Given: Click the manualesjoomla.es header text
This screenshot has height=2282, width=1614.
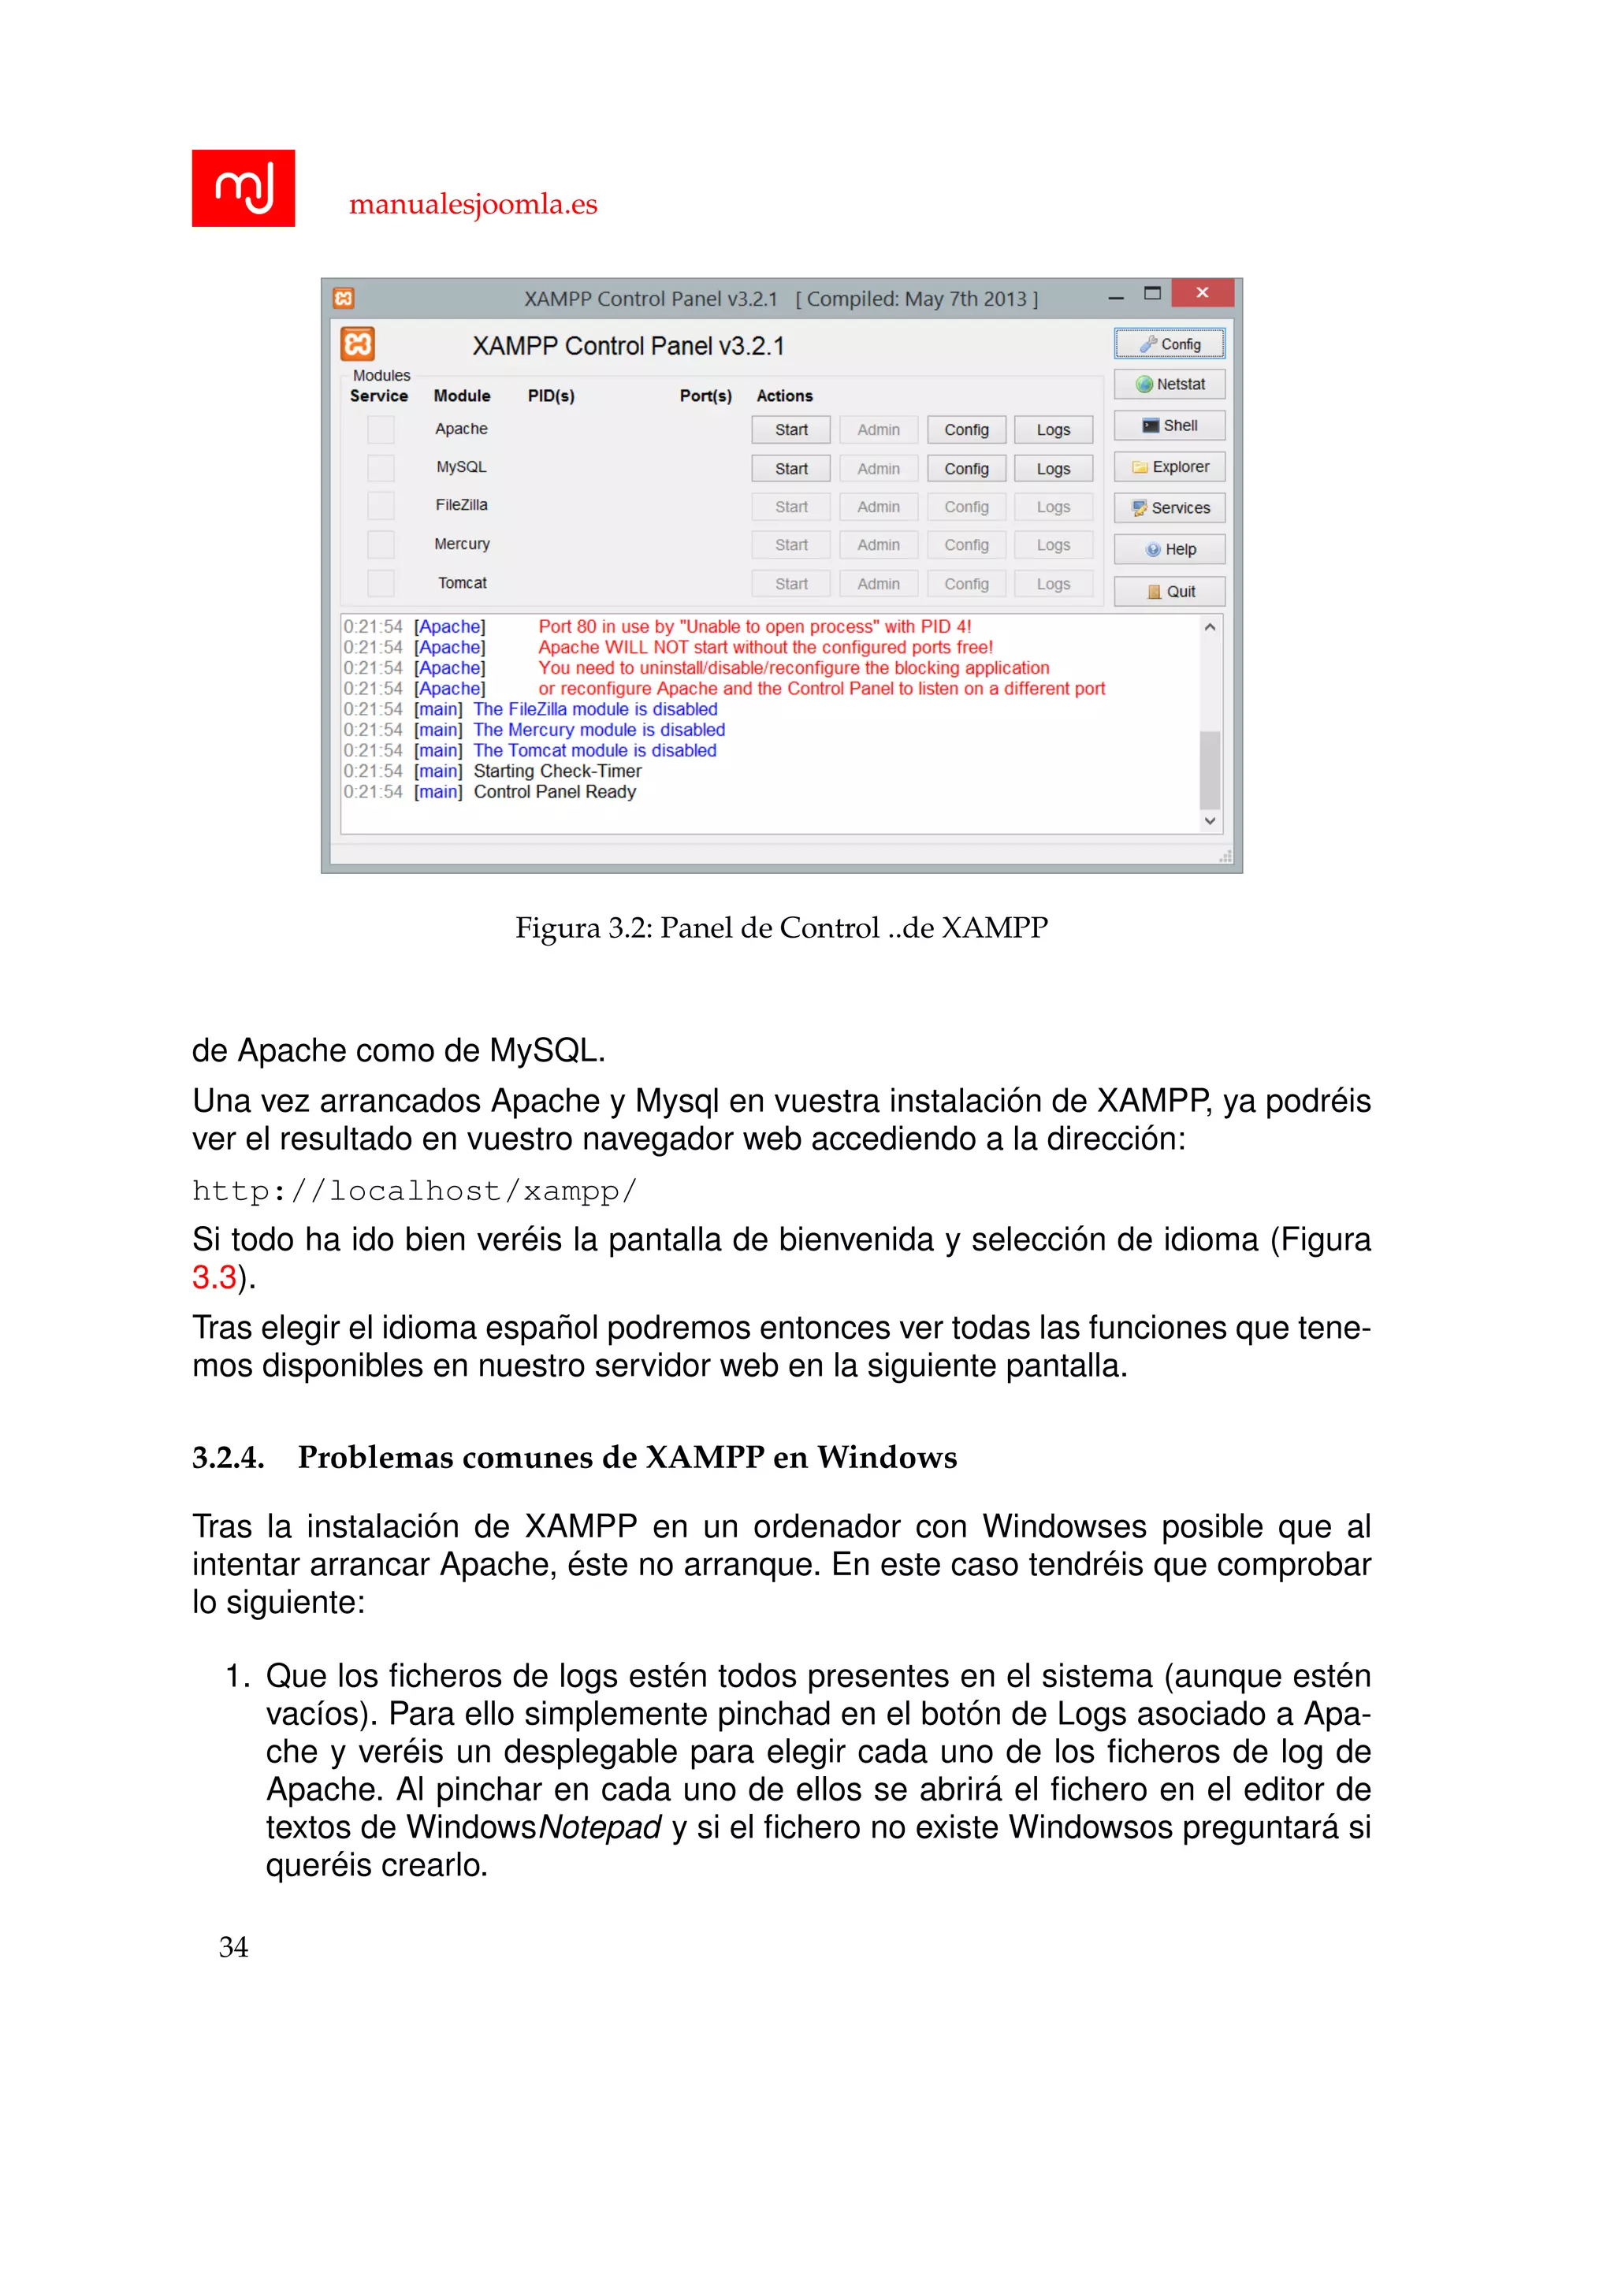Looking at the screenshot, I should pyautogui.click(x=473, y=204).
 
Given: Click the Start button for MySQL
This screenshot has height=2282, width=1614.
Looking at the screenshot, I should pyautogui.click(x=791, y=468).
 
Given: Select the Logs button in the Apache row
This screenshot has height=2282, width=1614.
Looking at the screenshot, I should pyautogui.click(x=1054, y=429).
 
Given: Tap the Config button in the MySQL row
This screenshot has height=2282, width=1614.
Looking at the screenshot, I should pyautogui.click(x=966, y=468).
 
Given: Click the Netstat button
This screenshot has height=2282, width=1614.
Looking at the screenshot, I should pyautogui.click(x=1170, y=385).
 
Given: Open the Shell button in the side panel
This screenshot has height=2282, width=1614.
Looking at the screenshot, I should pyautogui.click(x=1170, y=426).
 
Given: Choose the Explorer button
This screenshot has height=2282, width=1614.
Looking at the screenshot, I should pyautogui.click(x=1170, y=467).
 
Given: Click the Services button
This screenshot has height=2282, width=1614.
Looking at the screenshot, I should pyautogui.click(x=1170, y=508).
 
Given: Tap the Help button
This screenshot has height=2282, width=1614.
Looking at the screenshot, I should pyautogui.click(x=1170, y=550).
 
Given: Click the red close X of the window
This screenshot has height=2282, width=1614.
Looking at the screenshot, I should pyautogui.click(x=1203, y=292).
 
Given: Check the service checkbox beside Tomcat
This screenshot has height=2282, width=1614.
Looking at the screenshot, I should pyautogui.click(x=381, y=583).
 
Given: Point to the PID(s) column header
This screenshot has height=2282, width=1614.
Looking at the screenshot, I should pyautogui.click(x=551, y=396).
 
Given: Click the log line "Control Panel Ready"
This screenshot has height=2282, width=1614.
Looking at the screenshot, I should pyautogui.click(x=555, y=792).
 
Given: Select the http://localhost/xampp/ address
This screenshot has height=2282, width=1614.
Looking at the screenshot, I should pyautogui.click(x=415, y=1191).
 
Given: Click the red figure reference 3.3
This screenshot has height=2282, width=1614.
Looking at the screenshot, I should pyautogui.click(x=214, y=1277).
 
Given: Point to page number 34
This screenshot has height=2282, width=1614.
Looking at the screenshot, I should pyautogui.click(x=233, y=1947).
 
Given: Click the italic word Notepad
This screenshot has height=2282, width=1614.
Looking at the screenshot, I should pyautogui.click(x=599, y=1827).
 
